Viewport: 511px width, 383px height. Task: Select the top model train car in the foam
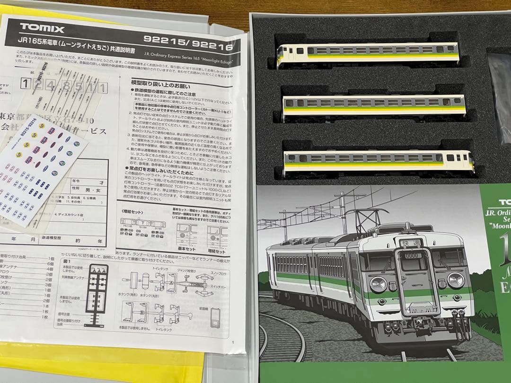pyautogui.click(x=369, y=52)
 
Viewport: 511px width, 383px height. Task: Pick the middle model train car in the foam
pyautogui.click(x=374, y=105)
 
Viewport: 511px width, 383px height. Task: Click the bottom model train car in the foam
pyautogui.click(x=379, y=160)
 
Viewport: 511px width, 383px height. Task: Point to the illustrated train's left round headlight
pyautogui.click(x=378, y=284)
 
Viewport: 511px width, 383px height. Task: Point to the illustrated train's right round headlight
pyautogui.click(x=455, y=280)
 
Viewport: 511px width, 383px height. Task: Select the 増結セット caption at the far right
pyautogui.click(x=217, y=251)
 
